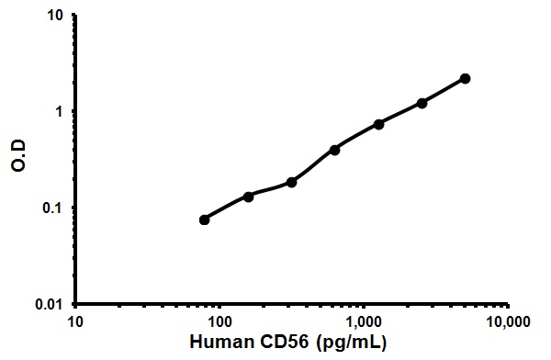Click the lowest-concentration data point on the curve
pyautogui.click(x=204, y=219)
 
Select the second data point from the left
pyautogui.click(x=248, y=197)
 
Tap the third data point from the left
pyautogui.click(x=291, y=182)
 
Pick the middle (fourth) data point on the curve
pyautogui.click(x=334, y=149)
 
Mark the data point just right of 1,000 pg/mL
pyautogui.click(x=378, y=124)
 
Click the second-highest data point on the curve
pyautogui.click(x=422, y=103)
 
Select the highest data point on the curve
pyautogui.click(x=465, y=79)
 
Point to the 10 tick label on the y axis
pyautogui.click(x=55, y=17)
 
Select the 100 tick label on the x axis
pyautogui.click(x=219, y=322)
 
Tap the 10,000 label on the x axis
pyautogui.click(x=508, y=322)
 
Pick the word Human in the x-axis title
pyautogui.click(x=218, y=343)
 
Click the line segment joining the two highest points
pyautogui.click(x=444, y=91)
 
